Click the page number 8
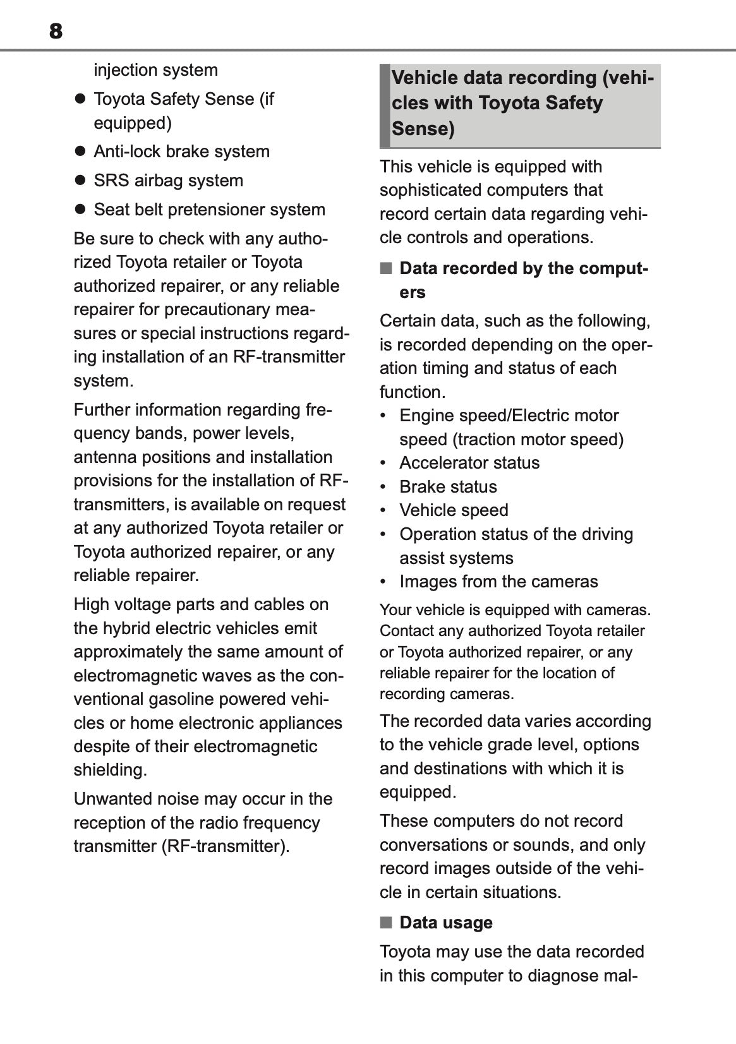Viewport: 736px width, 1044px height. [56, 30]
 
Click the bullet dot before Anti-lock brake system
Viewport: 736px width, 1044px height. [80, 152]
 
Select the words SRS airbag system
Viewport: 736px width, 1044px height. [168, 181]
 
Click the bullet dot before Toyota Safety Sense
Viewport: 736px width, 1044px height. [80, 99]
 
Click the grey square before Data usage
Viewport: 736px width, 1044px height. [385, 923]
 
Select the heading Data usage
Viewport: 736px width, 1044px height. [445, 923]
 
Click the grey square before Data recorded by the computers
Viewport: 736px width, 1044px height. [385, 268]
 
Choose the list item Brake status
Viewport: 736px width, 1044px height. [447, 487]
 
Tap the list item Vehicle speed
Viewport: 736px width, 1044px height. [453, 510]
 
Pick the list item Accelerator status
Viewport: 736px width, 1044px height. [469, 463]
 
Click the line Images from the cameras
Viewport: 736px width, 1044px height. [498, 582]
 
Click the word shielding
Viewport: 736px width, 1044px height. [110, 770]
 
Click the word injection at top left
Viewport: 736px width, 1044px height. [125, 70]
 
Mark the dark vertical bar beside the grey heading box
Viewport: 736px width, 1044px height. [384, 105]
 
